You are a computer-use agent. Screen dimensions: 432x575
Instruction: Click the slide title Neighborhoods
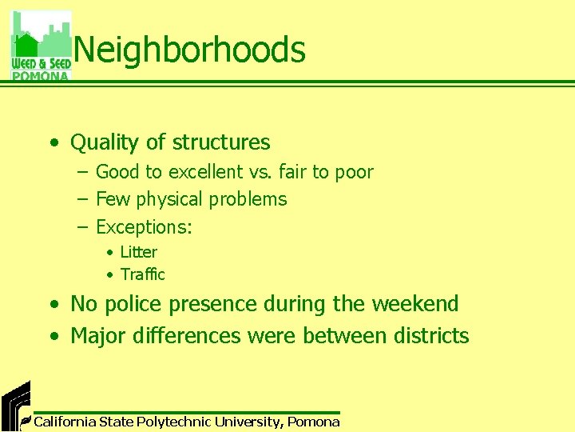[190, 50]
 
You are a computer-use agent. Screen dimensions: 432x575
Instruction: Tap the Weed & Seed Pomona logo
[41, 46]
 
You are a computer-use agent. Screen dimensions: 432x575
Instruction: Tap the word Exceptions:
[144, 227]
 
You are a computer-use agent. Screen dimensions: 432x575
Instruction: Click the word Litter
[138, 252]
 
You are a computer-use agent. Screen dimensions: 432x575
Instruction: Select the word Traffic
[142, 274]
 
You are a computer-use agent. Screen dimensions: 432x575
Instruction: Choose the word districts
[431, 336]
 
